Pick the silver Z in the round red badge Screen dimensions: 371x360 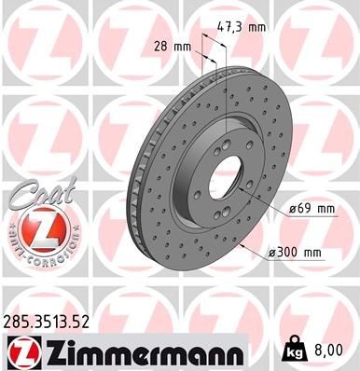(x=35, y=227)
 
